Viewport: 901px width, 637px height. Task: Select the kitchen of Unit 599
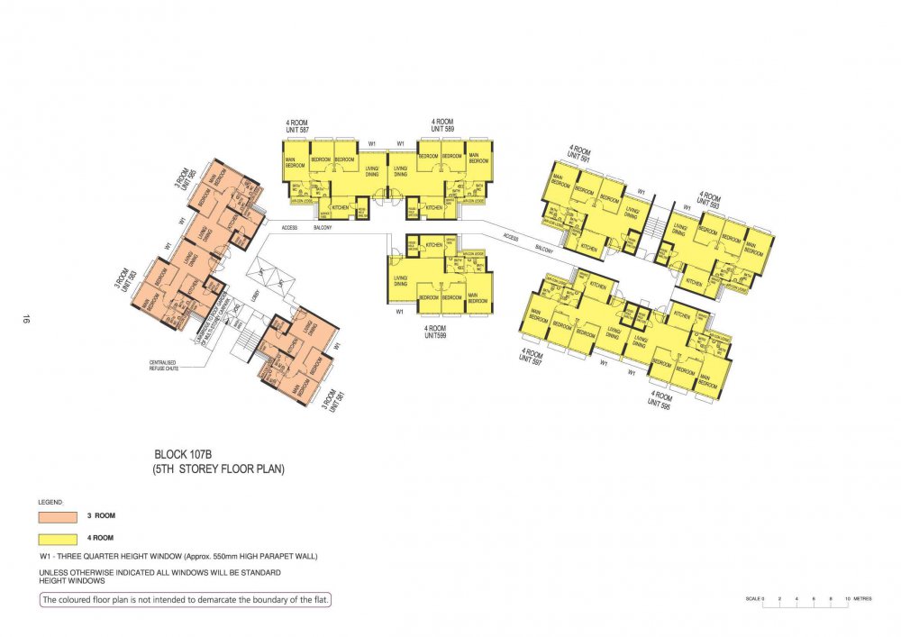[x=434, y=245]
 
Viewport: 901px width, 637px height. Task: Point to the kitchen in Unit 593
[x=695, y=282]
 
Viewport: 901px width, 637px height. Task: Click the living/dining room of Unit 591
[x=630, y=212]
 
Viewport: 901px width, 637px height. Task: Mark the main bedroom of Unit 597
[x=539, y=319]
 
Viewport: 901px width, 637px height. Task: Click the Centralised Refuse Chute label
[x=167, y=367]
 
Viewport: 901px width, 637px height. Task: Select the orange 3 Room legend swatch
[x=58, y=516]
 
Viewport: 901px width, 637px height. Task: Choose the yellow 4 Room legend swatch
[x=58, y=538]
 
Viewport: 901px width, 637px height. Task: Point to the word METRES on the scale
[x=864, y=598]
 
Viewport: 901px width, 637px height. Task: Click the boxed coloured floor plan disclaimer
[x=185, y=600]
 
